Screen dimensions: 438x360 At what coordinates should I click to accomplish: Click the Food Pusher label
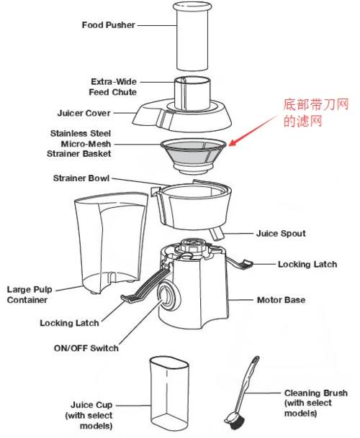107,24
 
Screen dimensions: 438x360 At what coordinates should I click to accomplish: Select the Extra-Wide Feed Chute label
112,87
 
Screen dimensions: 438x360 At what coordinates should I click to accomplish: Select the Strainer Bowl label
80,178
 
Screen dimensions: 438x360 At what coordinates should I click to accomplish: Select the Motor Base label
281,299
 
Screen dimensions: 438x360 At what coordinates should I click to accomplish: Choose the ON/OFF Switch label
86,348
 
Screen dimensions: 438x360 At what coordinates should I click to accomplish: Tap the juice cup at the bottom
170,392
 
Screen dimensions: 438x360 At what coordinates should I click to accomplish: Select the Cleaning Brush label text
315,403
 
